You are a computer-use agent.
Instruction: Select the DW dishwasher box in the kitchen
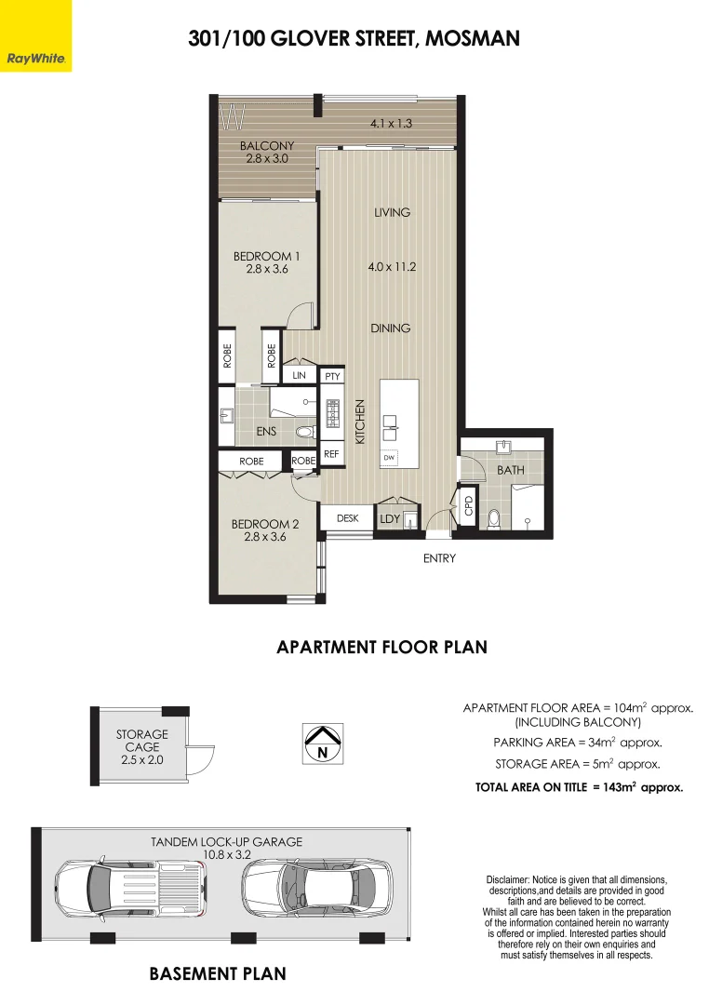(x=389, y=457)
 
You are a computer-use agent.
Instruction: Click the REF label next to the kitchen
(x=331, y=454)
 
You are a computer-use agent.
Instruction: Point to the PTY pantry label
(x=332, y=376)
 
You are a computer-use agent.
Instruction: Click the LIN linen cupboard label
(x=299, y=375)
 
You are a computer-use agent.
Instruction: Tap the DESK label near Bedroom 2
(x=347, y=518)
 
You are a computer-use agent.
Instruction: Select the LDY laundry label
(x=389, y=518)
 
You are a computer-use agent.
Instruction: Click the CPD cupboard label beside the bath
(x=468, y=505)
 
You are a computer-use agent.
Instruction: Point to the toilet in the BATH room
(x=494, y=519)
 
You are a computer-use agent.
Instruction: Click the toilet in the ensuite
(x=304, y=432)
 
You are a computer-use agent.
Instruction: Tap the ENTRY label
(x=439, y=558)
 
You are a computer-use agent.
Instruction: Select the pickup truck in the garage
(x=129, y=885)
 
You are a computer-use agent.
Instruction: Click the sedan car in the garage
(x=316, y=885)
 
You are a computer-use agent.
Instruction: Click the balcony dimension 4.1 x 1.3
(x=391, y=122)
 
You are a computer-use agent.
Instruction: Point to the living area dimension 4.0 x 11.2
(x=392, y=266)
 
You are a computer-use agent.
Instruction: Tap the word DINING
(x=391, y=328)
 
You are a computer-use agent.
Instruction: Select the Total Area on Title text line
(x=579, y=786)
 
